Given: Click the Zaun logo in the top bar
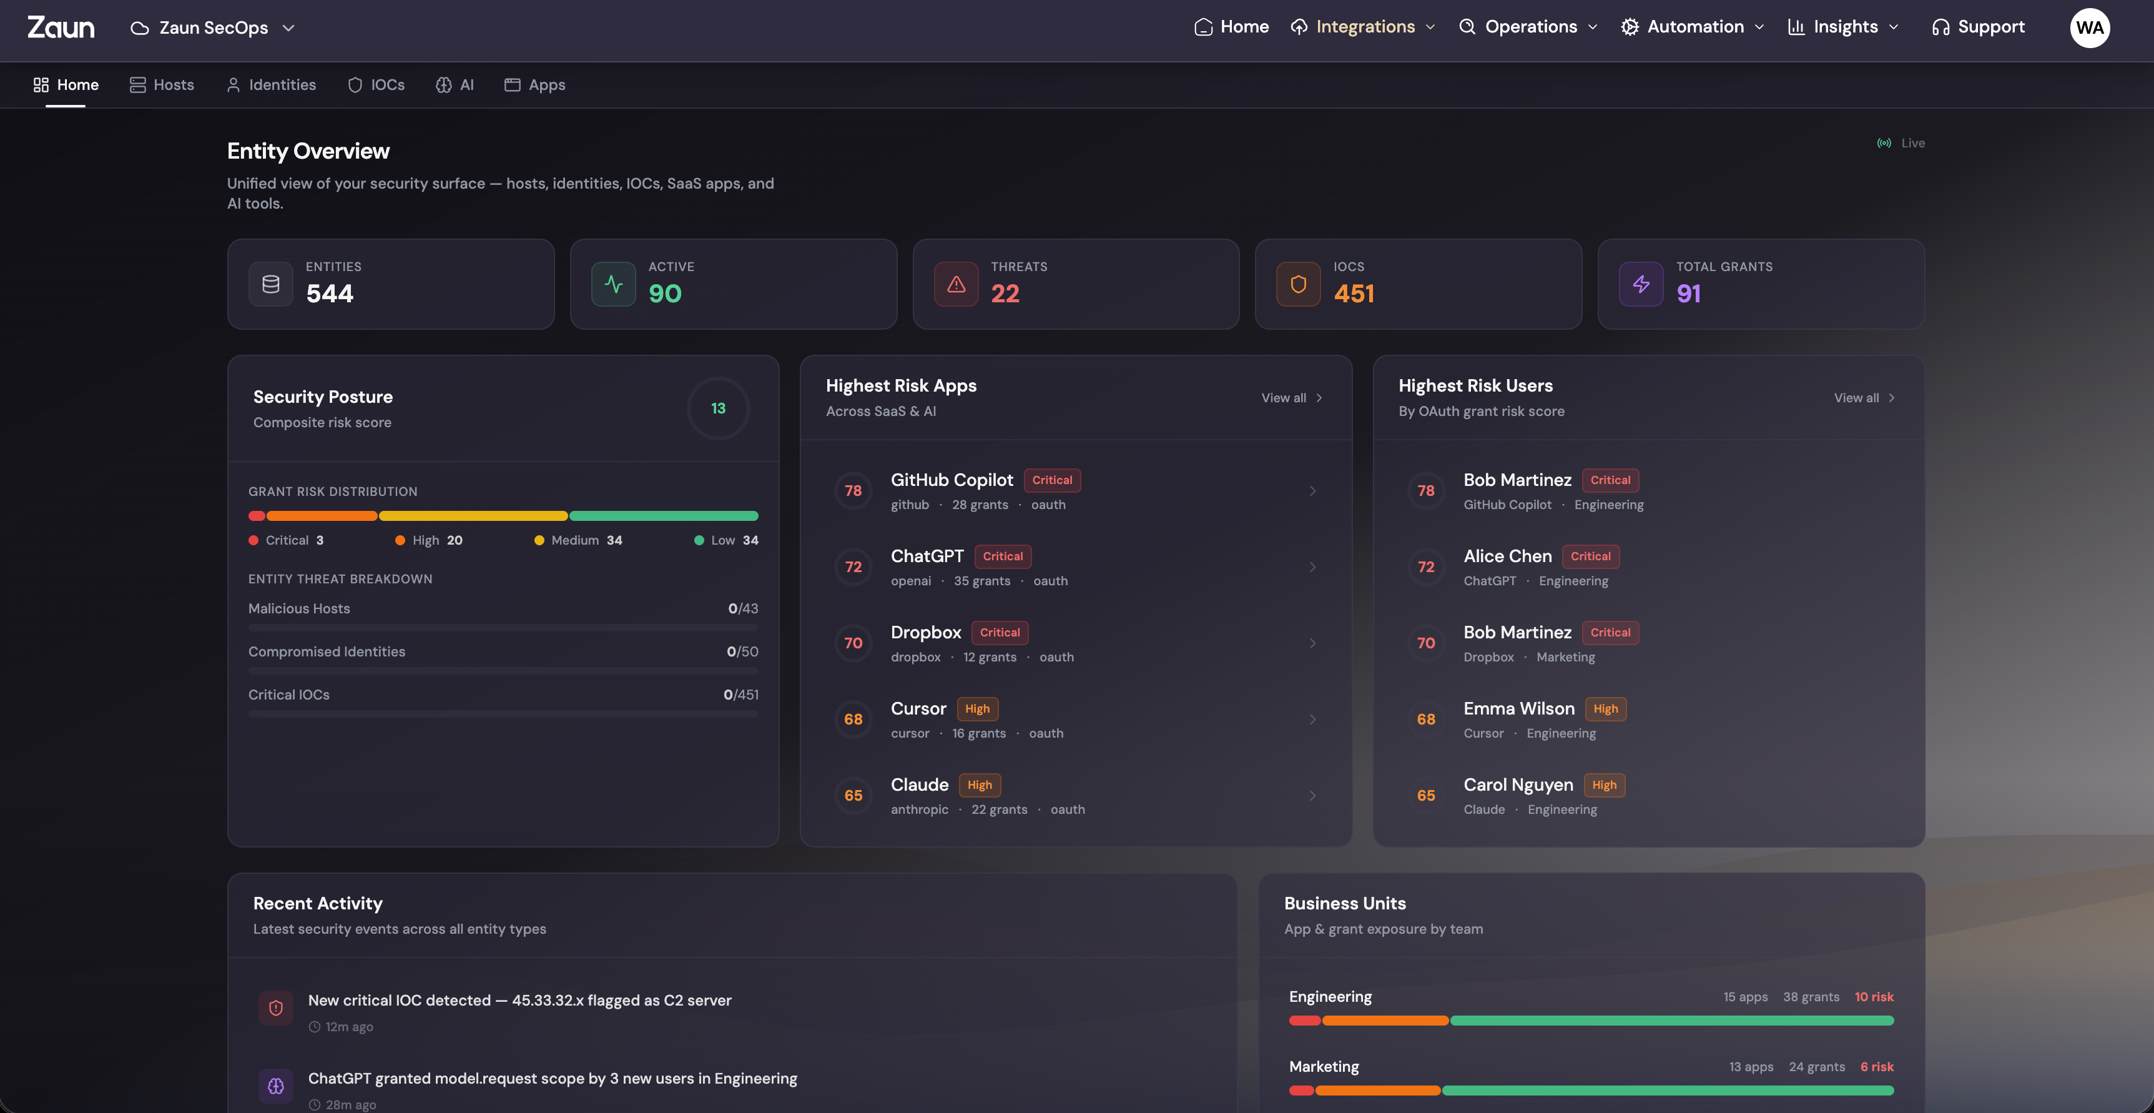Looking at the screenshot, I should pyautogui.click(x=61, y=27).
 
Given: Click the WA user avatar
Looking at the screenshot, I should pyautogui.click(x=2089, y=27).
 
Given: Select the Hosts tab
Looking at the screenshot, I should pyautogui.click(x=162, y=84).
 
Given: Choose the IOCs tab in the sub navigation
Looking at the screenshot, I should pyautogui.click(x=376, y=84).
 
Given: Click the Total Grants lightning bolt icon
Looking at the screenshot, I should pyautogui.click(x=1641, y=284).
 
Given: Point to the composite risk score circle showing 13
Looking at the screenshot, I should pyautogui.click(x=717, y=408).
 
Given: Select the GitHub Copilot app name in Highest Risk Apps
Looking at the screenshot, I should pyautogui.click(x=951, y=480).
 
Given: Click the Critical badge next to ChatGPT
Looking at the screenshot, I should pyautogui.click(x=1003, y=556).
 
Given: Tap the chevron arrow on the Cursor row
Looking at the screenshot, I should pyautogui.click(x=1312, y=719).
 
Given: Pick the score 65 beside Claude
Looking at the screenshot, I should pyautogui.click(x=853, y=795).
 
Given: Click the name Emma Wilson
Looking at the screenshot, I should pyautogui.click(x=1518, y=708).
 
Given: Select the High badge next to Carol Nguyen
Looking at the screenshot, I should pyautogui.click(x=1604, y=785).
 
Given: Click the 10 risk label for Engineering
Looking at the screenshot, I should pyautogui.click(x=1873, y=997).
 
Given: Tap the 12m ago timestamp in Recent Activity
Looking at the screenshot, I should pyautogui.click(x=348, y=1027).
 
